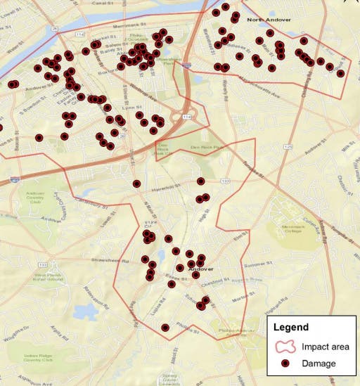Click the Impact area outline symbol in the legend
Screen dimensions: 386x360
coord(285,347)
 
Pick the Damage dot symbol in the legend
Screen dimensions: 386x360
coord(285,364)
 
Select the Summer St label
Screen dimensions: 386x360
coord(261,266)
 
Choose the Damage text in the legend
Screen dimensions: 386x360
coord(319,364)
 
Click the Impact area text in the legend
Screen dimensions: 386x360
coord(326,347)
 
